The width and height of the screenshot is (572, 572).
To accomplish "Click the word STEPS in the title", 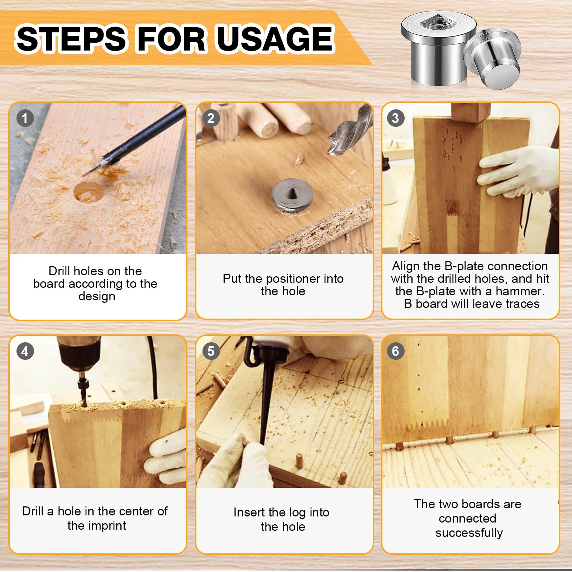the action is (71, 39).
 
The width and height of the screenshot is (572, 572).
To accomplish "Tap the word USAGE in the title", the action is (276, 39).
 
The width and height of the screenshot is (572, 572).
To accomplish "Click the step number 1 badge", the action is (25, 118).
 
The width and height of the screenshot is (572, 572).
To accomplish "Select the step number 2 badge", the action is (211, 118).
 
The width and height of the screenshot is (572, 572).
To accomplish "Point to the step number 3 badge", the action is (395, 118).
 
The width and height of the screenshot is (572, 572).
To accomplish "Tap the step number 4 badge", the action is (25, 351).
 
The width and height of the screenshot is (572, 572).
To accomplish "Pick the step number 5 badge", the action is (211, 351).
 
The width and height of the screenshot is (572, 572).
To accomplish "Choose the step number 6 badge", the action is (395, 351).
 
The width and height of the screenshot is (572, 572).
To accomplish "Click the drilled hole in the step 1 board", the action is (89, 192).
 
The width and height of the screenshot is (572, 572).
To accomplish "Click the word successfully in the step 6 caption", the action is (469, 533).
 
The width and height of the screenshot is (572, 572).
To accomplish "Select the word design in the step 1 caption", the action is (97, 297).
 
